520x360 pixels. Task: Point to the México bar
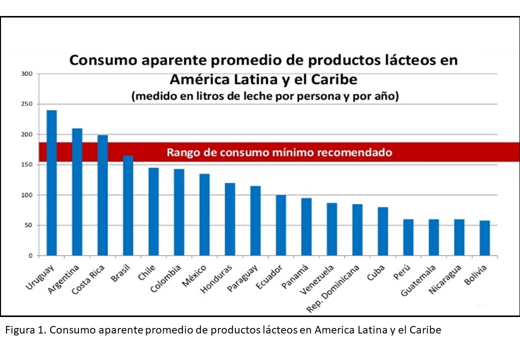[204, 214]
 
